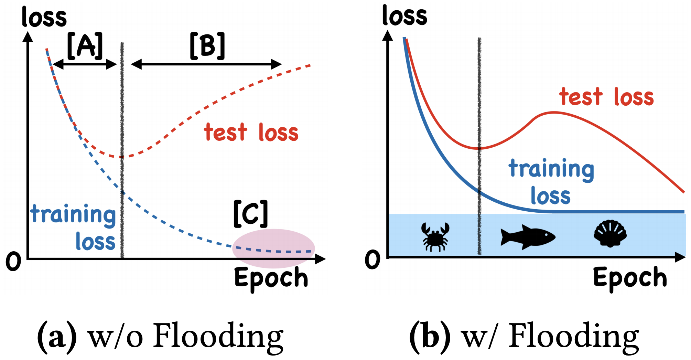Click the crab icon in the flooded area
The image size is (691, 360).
(435, 237)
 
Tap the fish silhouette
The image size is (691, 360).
(528, 237)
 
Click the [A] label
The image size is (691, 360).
(85, 46)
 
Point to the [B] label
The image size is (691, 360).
(207, 46)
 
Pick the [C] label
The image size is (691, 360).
(250, 214)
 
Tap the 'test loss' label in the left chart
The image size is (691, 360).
(251, 133)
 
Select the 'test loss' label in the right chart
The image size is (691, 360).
(606, 97)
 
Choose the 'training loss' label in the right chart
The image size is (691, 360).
(551, 182)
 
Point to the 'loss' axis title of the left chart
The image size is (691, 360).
(44, 17)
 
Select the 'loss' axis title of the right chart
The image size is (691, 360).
(404, 16)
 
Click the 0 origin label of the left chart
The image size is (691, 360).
(13, 262)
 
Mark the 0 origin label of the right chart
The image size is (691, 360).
(372, 260)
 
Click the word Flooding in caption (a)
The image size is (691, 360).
(218, 336)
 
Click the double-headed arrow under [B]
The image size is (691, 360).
(206, 64)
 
